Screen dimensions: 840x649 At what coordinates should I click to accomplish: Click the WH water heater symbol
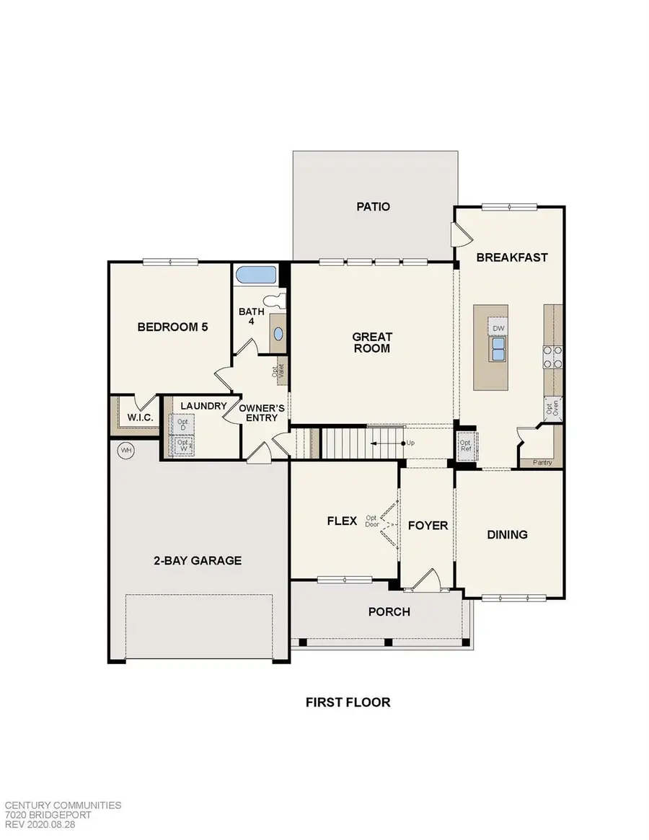click(x=127, y=451)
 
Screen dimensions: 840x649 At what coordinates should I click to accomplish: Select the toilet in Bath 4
click(x=274, y=301)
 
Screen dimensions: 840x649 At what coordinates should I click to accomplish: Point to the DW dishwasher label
click(x=498, y=328)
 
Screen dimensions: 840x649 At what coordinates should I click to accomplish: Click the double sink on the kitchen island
click(x=498, y=350)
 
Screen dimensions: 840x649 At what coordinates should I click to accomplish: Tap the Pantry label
click(x=542, y=462)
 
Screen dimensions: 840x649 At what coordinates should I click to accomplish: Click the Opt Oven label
click(x=552, y=407)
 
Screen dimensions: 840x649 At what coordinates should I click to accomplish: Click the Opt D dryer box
click(x=182, y=423)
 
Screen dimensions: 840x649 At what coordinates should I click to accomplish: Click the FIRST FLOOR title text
click(x=347, y=702)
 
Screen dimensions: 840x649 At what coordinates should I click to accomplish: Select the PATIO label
click(x=374, y=207)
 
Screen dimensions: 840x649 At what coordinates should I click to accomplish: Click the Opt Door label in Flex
click(x=372, y=521)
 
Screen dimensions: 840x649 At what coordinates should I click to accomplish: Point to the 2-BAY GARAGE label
click(x=197, y=560)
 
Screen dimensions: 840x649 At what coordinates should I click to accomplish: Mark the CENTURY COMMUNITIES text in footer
click(x=63, y=805)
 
